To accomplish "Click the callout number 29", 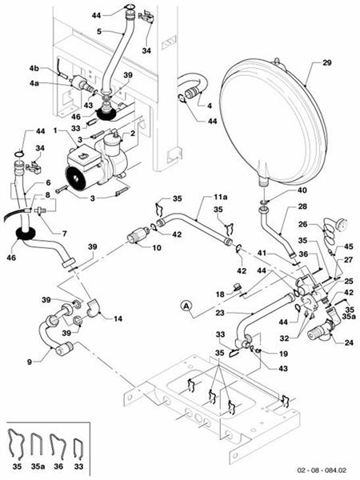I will tap(326, 62).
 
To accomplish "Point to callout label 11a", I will tap(220, 196).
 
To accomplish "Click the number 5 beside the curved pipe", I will tap(100, 31).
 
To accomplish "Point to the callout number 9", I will tap(30, 362).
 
